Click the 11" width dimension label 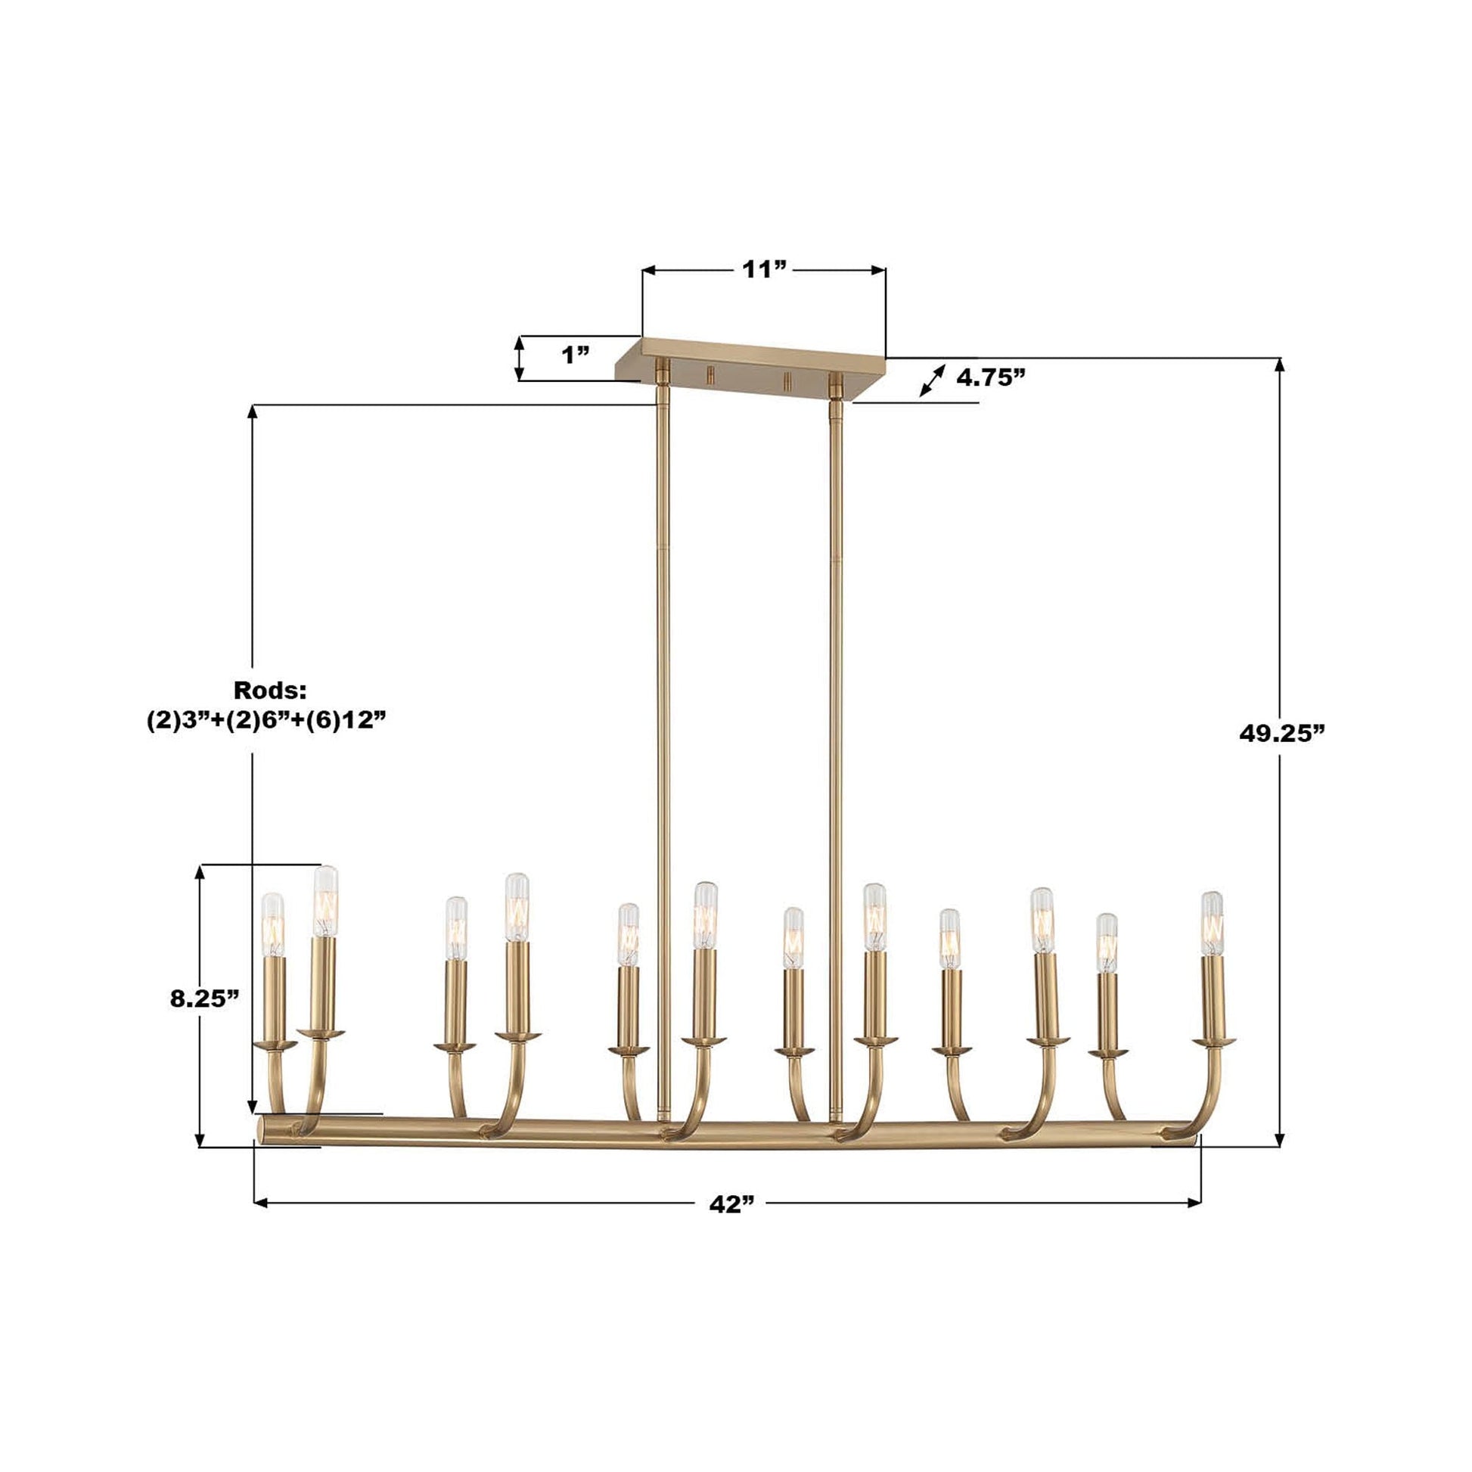pos(764,270)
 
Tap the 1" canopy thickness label pos(575,355)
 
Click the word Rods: pos(270,691)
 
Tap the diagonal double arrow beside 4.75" pos(932,380)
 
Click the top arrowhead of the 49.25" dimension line pos(1279,364)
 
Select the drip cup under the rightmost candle pos(1215,1041)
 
